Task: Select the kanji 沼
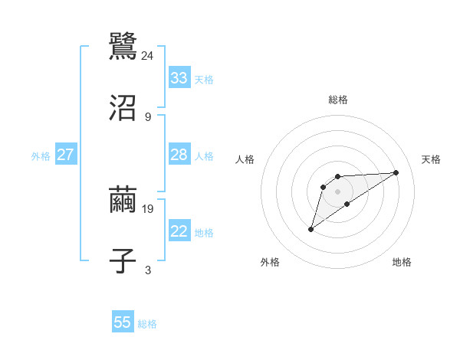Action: (123, 109)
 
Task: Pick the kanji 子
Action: (123, 261)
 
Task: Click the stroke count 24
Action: (148, 56)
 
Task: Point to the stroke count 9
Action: (148, 117)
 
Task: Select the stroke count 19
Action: (148, 208)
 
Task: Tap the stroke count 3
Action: (148, 270)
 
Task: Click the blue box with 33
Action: (179, 78)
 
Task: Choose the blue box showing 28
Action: (179, 155)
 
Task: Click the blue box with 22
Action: (179, 231)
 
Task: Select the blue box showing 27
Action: (65, 155)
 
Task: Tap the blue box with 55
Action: (123, 322)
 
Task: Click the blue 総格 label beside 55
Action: (147, 324)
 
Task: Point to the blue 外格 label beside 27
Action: (41, 156)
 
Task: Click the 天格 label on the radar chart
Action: (432, 159)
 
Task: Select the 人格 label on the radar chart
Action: (245, 159)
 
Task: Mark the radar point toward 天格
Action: (396, 172)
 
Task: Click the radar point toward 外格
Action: (310, 229)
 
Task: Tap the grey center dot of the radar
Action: (337, 191)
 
